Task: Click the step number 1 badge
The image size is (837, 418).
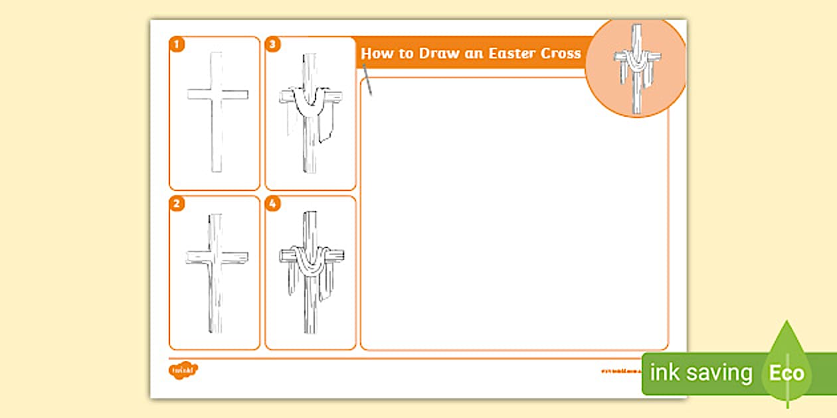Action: click(177, 44)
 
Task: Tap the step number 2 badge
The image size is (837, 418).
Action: click(177, 204)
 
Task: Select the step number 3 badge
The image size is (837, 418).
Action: click(272, 44)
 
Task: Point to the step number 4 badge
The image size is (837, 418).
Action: click(272, 204)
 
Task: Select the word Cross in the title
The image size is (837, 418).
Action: click(562, 54)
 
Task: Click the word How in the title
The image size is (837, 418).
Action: click(377, 54)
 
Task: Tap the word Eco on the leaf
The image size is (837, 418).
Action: click(787, 373)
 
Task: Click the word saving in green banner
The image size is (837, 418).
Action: click(719, 373)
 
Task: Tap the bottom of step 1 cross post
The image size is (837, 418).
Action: click(217, 169)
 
